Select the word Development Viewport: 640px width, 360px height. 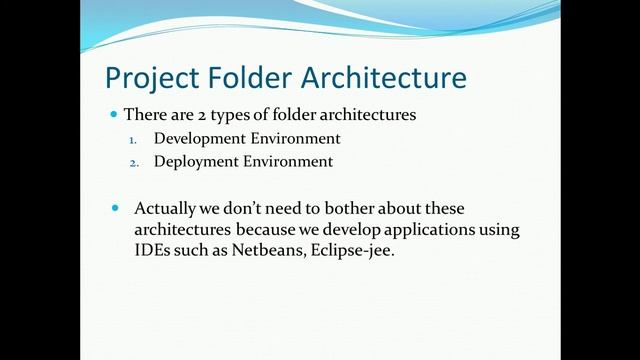click(x=202, y=138)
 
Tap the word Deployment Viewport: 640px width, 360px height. click(x=198, y=161)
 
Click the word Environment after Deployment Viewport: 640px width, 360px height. click(x=289, y=161)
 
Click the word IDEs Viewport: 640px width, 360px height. click(x=152, y=252)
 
